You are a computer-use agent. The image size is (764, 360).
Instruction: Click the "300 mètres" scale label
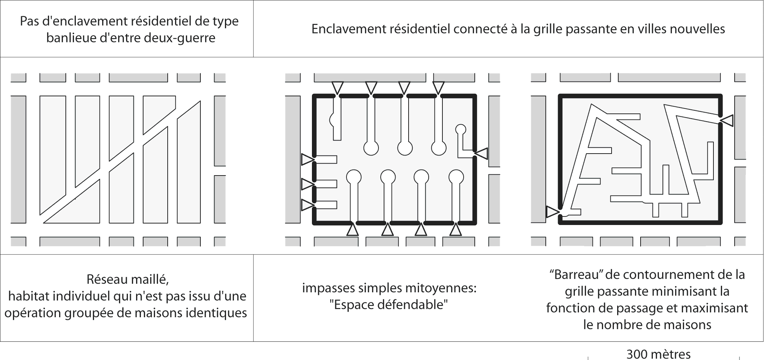[658, 354]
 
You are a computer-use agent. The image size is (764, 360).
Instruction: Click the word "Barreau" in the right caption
[575, 275]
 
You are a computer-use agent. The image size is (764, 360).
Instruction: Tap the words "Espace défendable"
[389, 305]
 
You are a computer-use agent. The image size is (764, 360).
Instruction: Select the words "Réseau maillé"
[128, 279]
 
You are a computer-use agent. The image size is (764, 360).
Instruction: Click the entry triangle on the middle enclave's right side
[482, 153]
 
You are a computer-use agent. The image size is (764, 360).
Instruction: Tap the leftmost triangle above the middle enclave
[338, 88]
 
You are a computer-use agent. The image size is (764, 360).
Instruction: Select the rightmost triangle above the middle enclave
[439, 88]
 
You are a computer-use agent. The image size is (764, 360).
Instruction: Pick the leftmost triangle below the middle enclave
[352, 229]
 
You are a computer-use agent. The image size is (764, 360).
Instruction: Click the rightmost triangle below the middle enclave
[455, 229]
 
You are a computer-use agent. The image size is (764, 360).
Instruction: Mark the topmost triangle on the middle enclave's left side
[307, 160]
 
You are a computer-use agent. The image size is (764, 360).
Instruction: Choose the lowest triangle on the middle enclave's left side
[307, 205]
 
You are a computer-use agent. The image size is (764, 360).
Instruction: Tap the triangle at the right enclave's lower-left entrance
[552, 212]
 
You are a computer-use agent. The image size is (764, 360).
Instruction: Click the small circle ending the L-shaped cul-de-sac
[461, 129]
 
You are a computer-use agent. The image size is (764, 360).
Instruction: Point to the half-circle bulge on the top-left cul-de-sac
[332, 119]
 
